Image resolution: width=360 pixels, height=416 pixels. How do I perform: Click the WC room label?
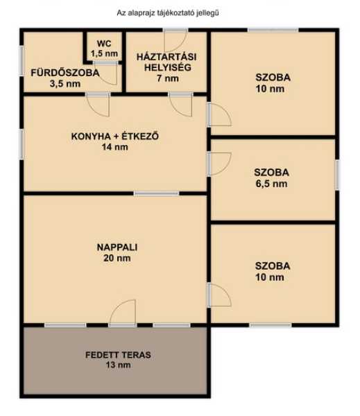click(x=104, y=43)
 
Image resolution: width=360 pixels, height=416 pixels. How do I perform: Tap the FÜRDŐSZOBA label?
click(x=65, y=73)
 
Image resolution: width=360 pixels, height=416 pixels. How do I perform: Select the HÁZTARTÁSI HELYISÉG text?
click(x=166, y=62)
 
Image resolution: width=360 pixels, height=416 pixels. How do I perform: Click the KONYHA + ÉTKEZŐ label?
click(x=115, y=136)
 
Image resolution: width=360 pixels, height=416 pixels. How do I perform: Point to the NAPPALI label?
click(x=117, y=248)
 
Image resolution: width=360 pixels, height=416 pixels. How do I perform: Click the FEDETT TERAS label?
click(x=118, y=355)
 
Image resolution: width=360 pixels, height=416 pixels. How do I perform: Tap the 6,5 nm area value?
click(x=271, y=184)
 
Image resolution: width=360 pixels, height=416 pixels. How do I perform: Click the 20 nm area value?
click(x=117, y=258)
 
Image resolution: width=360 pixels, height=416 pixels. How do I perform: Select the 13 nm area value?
click(x=118, y=365)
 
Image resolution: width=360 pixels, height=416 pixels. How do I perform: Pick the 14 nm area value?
click(x=115, y=147)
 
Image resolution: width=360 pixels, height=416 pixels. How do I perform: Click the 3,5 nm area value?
click(x=65, y=84)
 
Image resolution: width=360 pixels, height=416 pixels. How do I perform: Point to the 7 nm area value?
click(x=168, y=78)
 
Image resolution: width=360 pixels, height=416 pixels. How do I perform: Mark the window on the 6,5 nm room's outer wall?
click(x=337, y=175)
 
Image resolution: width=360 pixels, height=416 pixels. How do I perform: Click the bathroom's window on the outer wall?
click(x=22, y=61)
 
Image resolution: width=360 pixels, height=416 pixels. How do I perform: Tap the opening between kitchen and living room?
click(x=156, y=193)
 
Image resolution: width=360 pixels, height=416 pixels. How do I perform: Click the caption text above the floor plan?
click(x=168, y=12)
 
